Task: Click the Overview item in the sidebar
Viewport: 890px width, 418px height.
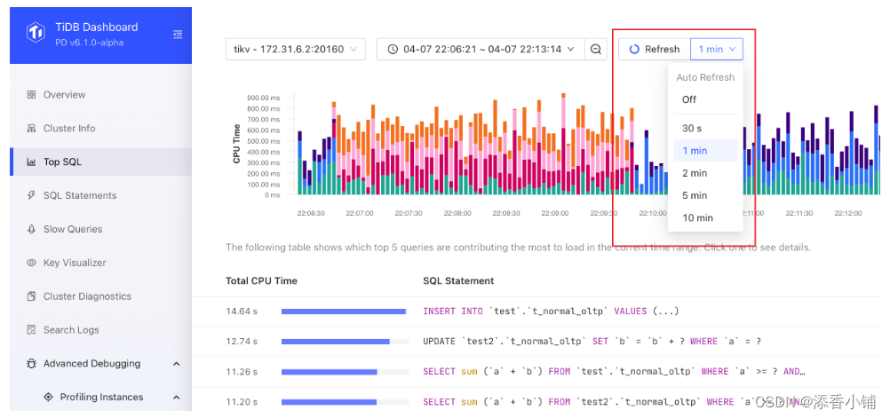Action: (64, 95)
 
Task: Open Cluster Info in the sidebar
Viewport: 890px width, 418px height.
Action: (68, 129)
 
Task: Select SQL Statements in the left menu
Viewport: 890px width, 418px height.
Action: (79, 195)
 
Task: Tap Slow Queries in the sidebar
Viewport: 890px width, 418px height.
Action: (72, 229)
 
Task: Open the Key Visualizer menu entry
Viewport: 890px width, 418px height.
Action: (75, 263)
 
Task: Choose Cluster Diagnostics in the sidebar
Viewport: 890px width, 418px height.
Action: (86, 296)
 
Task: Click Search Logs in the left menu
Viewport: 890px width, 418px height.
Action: (71, 330)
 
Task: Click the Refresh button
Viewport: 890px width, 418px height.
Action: (655, 50)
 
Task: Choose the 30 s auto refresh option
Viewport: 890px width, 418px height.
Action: (692, 129)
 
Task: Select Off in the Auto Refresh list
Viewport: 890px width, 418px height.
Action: (689, 99)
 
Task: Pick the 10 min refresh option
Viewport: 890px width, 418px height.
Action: (697, 217)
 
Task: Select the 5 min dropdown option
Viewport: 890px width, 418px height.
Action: (695, 195)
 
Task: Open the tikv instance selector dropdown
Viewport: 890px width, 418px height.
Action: (296, 50)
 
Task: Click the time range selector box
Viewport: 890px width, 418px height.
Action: (481, 50)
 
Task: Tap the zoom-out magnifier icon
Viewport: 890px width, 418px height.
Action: (597, 50)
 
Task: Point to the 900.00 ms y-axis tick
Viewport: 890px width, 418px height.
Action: (264, 98)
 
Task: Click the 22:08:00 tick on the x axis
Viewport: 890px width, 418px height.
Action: (457, 213)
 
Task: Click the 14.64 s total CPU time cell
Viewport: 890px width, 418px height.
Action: (242, 312)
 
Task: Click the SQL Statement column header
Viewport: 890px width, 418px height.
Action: (458, 280)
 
